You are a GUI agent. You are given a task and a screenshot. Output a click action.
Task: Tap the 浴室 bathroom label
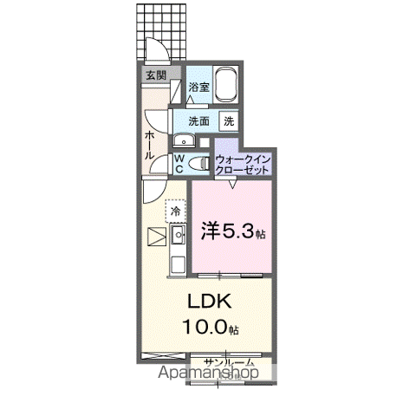click(199, 87)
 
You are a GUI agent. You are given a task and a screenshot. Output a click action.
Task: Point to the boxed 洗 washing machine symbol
click(230, 121)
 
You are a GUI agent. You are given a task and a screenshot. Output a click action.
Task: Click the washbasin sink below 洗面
click(183, 140)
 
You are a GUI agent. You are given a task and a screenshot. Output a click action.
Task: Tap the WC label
click(179, 164)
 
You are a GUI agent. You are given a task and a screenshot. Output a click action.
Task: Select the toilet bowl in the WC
click(199, 162)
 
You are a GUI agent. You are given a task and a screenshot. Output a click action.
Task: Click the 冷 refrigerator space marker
click(176, 211)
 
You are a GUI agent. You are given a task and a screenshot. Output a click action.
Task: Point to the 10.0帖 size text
click(209, 328)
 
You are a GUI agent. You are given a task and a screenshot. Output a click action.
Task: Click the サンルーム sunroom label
click(229, 361)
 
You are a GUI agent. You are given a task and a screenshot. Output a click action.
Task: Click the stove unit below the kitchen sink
click(177, 264)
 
